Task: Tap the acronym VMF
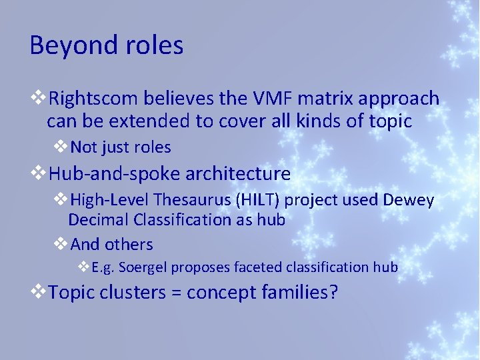[x=275, y=99]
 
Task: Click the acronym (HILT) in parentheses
[x=261, y=200]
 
